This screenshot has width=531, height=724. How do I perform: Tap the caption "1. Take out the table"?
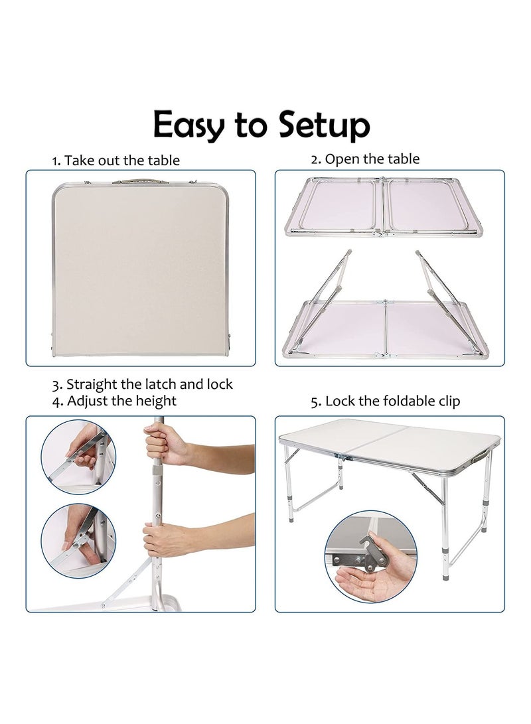[x=115, y=160]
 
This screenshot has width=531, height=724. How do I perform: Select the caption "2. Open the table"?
[x=365, y=159]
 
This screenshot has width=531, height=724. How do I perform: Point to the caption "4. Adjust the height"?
[x=114, y=401]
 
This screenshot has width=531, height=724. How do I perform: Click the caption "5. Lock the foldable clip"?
[x=386, y=401]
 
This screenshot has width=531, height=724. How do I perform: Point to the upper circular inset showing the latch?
[x=78, y=457]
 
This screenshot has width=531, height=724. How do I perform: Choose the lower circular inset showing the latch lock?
[x=78, y=541]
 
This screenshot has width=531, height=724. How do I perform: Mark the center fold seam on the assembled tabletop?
[x=375, y=442]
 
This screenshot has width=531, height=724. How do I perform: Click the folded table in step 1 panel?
[x=141, y=268]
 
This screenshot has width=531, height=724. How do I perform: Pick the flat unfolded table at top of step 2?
[x=383, y=206]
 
